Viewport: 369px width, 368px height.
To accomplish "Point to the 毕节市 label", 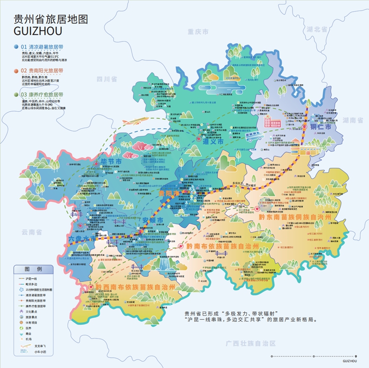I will click(x=111, y=162).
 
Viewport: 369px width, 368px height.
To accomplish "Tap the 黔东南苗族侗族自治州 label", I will click(x=295, y=217).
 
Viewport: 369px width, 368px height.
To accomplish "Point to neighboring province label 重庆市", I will click(x=198, y=32).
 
